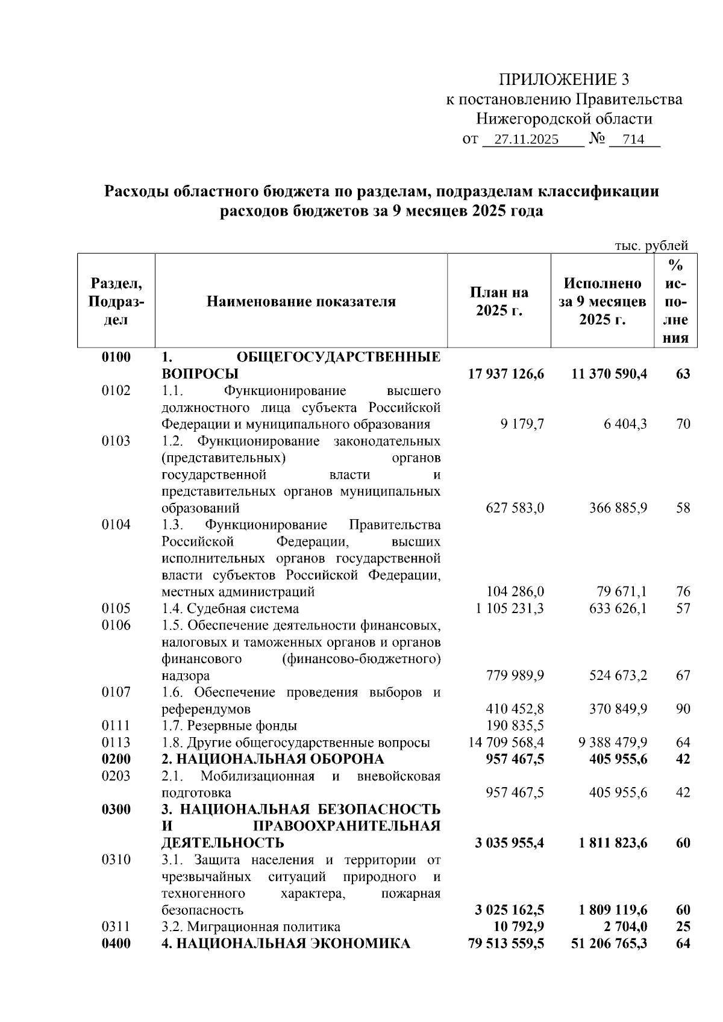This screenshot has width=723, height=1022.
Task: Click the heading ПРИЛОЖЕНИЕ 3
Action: (x=564, y=79)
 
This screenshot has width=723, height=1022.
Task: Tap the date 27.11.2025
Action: (x=526, y=140)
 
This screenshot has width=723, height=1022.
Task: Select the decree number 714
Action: (x=633, y=140)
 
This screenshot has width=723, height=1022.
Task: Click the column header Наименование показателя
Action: (x=301, y=302)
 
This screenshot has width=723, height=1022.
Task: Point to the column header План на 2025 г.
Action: (x=499, y=302)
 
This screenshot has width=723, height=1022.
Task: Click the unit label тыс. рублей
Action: (x=651, y=246)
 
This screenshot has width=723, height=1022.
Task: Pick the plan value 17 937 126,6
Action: (x=506, y=374)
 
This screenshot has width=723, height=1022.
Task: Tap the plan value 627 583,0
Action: (x=515, y=508)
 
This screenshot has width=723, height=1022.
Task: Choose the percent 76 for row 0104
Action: (x=683, y=591)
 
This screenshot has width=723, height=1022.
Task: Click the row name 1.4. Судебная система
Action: (x=230, y=608)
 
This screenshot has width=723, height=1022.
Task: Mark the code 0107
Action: (x=116, y=692)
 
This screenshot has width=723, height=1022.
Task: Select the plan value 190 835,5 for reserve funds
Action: (x=515, y=726)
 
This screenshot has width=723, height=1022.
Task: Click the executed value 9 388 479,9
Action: (x=613, y=743)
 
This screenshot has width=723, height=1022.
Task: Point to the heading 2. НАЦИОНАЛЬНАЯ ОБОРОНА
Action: (x=272, y=759)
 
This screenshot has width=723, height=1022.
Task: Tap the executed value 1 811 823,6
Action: (x=613, y=843)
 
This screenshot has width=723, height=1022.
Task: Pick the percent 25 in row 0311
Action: (x=683, y=927)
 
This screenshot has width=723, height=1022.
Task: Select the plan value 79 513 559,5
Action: (x=506, y=943)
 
